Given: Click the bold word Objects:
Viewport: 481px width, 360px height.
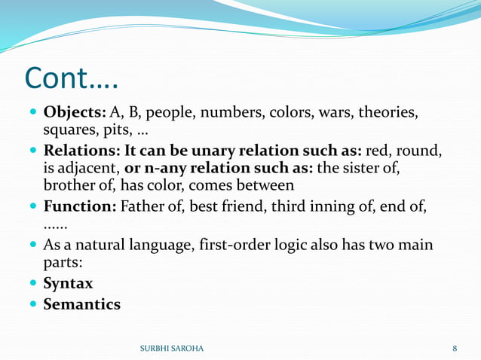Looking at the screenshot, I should click(75, 114).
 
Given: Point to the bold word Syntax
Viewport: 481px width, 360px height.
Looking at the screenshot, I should click(68, 284).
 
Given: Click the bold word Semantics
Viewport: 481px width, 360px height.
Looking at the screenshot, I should click(81, 304).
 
